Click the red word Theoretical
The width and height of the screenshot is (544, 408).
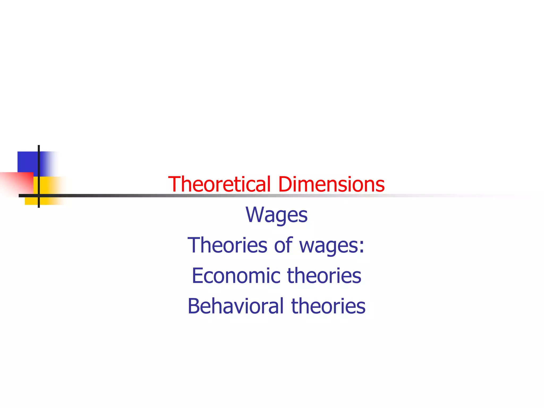pyautogui.click(x=219, y=184)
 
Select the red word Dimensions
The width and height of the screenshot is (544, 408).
pyautogui.click(x=331, y=184)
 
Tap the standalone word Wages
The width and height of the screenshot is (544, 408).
pyautogui.click(x=277, y=215)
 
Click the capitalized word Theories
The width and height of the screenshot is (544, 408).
pyautogui.click(x=227, y=245)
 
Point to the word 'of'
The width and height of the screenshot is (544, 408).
pyautogui.click(x=283, y=245)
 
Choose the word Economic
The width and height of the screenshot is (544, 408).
pyautogui.click(x=236, y=275)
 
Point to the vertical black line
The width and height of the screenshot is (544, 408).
pyautogui.click(x=39, y=159)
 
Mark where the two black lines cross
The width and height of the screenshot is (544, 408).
pyautogui.click(x=39, y=196)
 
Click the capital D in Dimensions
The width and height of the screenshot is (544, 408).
pyautogui.click(x=284, y=184)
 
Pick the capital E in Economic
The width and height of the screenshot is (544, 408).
pyautogui.click(x=197, y=275)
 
